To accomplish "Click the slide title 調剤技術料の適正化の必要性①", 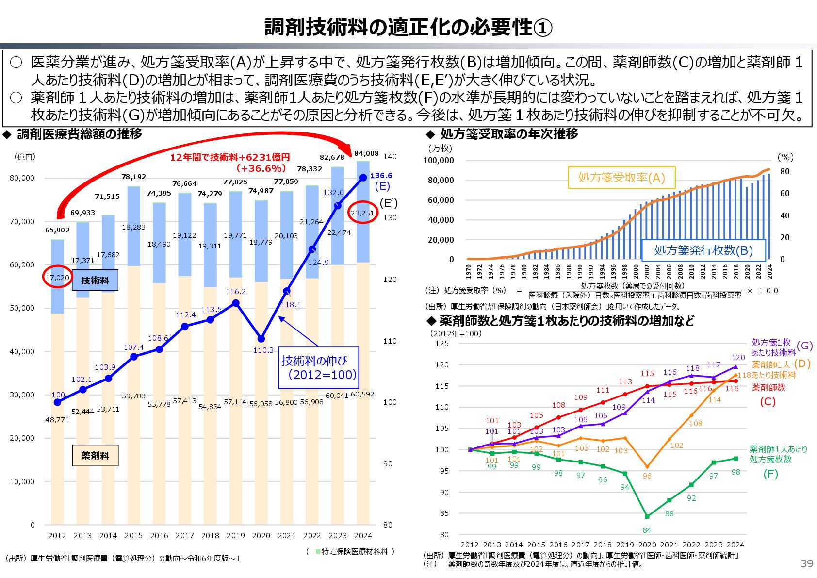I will click(408, 28).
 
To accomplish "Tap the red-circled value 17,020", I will click(57, 278).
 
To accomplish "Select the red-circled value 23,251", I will click(362, 213).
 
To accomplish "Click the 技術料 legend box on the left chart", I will click(95, 280).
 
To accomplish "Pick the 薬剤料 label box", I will click(95, 455).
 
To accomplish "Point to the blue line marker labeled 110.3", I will click(261, 339).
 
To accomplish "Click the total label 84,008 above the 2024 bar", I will click(366, 153).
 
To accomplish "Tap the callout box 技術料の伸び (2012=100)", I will click(318, 367).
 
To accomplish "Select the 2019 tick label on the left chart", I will click(235, 535).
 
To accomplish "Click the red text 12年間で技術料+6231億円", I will click(229, 157).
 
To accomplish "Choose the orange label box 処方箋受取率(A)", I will click(621, 178).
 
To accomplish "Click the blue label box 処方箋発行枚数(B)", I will click(703, 250).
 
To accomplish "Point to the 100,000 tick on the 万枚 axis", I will click(438, 160).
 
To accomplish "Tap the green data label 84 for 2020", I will click(647, 530).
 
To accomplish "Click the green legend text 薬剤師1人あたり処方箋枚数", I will click(778, 454).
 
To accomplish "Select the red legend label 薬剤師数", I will click(768, 387).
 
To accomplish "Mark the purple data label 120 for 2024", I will click(738, 358).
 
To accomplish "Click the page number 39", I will click(806, 563).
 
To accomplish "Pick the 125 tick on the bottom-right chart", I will click(441, 343).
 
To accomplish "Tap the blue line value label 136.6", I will click(381, 176).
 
